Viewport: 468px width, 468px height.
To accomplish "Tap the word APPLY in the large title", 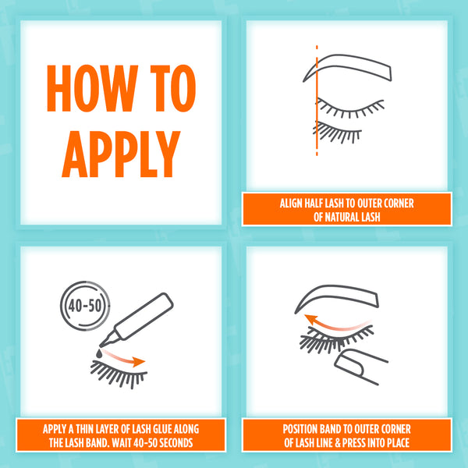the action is [x=121, y=154].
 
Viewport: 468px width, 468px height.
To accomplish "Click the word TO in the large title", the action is [x=173, y=88].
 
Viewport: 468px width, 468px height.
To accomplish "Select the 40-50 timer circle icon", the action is [x=85, y=306].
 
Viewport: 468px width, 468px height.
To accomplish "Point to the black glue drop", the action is [x=99, y=353].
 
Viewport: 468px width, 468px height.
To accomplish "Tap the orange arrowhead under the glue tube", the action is [x=139, y=362].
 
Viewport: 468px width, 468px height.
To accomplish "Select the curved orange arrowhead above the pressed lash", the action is [x=311, y=319].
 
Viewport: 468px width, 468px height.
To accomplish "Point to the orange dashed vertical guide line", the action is [x=317, y=101].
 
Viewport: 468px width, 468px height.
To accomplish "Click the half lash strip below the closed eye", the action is [x=337, y=132].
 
